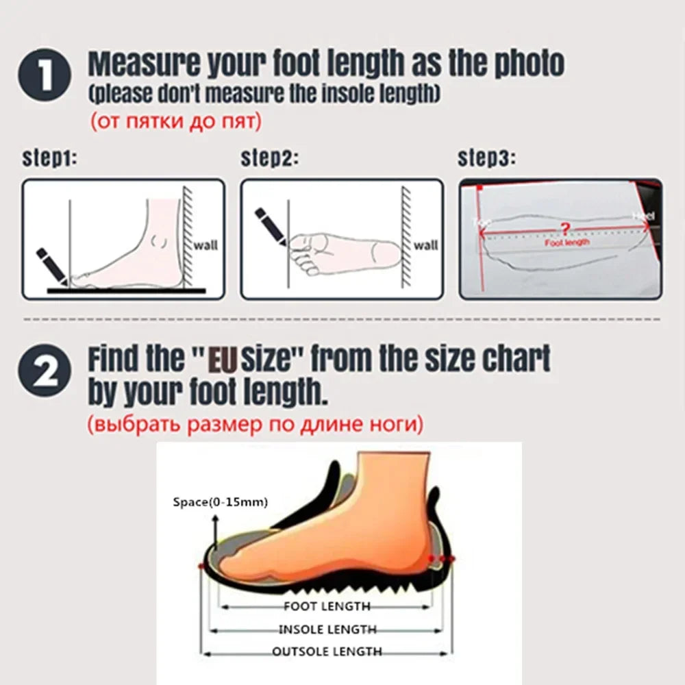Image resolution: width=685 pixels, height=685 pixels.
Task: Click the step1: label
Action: coord(49,158)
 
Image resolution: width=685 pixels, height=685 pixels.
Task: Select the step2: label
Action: coord(269,158)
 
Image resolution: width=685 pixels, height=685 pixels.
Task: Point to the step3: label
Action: coord(486,158)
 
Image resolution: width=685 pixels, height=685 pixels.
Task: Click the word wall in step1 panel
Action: coord(206,245)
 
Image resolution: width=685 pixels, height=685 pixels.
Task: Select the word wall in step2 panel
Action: coord(425,245)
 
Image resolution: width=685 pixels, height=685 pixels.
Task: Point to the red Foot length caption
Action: coord(566,242)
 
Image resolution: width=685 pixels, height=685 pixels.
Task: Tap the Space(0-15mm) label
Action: coord(220,502)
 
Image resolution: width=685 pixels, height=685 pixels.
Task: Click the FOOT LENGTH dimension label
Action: coord(327,606)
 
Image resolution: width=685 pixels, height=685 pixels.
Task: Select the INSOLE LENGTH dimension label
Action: coord(327,629)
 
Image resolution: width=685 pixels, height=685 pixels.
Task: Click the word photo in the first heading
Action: coord(527,64)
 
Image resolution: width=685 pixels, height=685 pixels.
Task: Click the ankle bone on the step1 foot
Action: coord(160,241)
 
